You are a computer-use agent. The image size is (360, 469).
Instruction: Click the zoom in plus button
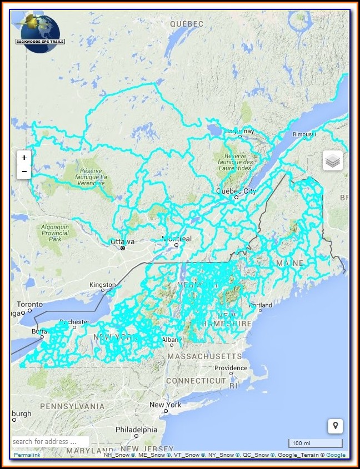click(24, 158)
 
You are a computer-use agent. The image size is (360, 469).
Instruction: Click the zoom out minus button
click(24, 172)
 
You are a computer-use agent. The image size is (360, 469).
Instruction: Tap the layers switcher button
click(333, 161)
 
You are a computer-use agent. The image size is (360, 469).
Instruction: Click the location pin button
click(334, 426)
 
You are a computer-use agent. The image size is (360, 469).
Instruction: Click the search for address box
click(50, 442)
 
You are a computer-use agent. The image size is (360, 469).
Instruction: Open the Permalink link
click(27, 455)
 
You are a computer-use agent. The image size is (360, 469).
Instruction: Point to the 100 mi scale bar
click(315, 443)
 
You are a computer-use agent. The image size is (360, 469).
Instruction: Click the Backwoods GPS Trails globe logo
click(41, 33)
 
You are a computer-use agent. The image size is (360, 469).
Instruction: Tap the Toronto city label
click(29, 304)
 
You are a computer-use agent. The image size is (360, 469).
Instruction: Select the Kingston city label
click(103, 285)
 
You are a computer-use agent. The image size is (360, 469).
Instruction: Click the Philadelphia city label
click(136, 430)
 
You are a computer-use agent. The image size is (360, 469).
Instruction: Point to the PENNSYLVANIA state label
click(72, 406)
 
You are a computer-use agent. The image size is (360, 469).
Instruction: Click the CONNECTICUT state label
click(196, 381)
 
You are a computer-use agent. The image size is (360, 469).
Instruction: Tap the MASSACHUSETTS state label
click(205, 356)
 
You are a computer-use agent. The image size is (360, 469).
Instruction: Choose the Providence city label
click(231, 368)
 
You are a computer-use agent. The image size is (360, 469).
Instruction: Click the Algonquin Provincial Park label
click(55, 233)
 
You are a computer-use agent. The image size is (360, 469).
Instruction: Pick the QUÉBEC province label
click(187, 24)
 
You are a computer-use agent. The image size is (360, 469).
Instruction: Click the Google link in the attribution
click(336, 455)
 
